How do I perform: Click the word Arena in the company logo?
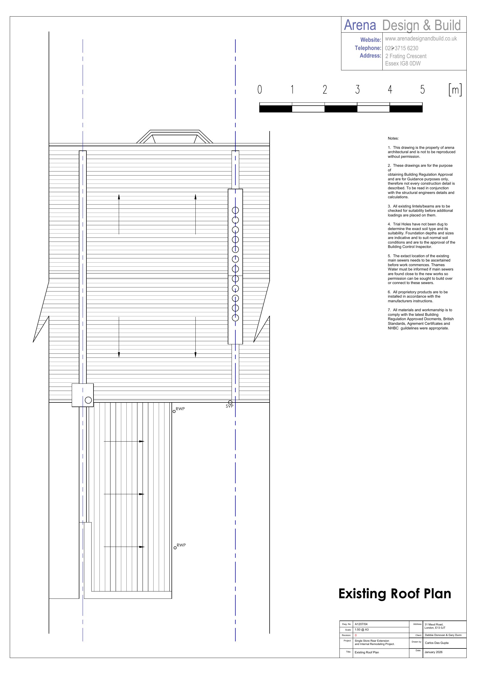pos(360,25)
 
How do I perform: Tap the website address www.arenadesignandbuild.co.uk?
pos(421,39)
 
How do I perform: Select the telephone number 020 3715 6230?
pos(401,48)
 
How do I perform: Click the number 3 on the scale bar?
pos(357,89)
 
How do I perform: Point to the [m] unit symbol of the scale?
pos(455,90)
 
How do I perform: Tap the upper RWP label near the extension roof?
pos(180,409)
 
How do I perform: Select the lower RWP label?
pos(181,545)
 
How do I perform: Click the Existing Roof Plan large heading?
pos(395,594)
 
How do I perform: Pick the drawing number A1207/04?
pos(361,624)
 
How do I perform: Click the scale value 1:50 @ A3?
pos(361,629)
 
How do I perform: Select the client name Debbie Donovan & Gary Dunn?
pos(443,635)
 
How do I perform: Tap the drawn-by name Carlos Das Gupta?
pos(437,642)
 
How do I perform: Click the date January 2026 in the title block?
pos(433,652)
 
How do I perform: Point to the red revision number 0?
pos(356,635)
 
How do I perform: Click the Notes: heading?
pos(393,138)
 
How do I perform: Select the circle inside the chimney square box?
pos(88,400)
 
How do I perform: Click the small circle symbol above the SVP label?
pos(230,402)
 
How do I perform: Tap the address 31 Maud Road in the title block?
pos(434,624)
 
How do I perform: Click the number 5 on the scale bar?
pos(422,89)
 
